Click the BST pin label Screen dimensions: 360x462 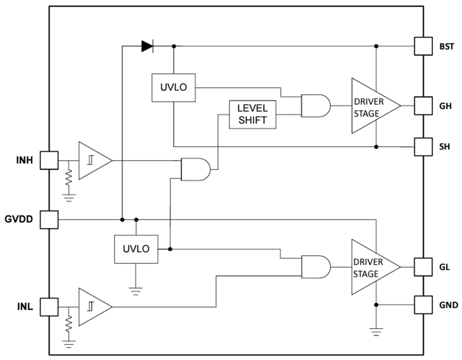[446, 46]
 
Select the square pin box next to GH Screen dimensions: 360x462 [423, 106]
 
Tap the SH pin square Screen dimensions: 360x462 [423, 147]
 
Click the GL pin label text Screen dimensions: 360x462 [445, 267]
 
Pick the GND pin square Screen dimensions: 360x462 [423, 305]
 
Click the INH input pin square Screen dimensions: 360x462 [49, 160]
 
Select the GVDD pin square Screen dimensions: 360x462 [49, 219]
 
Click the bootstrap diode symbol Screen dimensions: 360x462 [147, 46]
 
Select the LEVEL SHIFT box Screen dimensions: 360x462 [252, 114]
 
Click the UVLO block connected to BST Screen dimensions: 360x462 [173, 87]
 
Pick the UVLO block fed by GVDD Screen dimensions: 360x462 [136, 249]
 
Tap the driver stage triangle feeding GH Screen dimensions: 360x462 [372, 106]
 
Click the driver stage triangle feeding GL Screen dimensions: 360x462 [372, 267]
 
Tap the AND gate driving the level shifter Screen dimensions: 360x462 [195, 169]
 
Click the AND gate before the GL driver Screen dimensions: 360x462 [315, 267]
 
